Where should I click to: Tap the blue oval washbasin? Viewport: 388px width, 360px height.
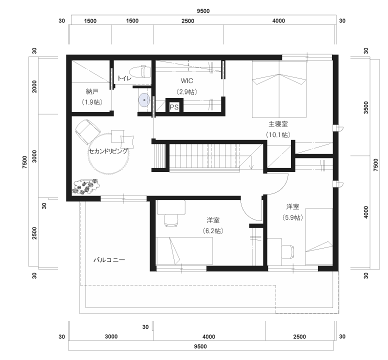click(144, 100)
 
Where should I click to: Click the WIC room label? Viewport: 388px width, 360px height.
click(187, 80)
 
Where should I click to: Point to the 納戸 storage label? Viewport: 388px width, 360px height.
click(92, 92)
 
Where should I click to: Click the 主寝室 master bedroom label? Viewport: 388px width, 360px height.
click(278, 123)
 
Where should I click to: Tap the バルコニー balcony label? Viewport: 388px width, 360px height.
click(109, 260)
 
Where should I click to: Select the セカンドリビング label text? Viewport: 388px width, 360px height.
click(108, 151)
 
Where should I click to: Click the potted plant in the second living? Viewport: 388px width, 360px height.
click(85, 186)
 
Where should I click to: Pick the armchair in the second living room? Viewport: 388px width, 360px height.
click(87, 131)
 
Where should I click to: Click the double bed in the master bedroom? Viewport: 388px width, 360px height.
click(279, 89)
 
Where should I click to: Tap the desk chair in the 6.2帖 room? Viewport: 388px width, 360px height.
click(170, 220)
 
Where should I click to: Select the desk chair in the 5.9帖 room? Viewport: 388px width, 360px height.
click(288, 251)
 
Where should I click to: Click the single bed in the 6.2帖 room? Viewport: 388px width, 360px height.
click(184, 251)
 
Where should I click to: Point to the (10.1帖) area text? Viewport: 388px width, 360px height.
click(278, 135)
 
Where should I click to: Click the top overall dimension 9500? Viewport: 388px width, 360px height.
click(203, 11)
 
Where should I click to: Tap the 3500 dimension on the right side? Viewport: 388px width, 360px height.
click(366, 107)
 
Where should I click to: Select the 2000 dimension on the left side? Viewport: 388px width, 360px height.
click(34, 86)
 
